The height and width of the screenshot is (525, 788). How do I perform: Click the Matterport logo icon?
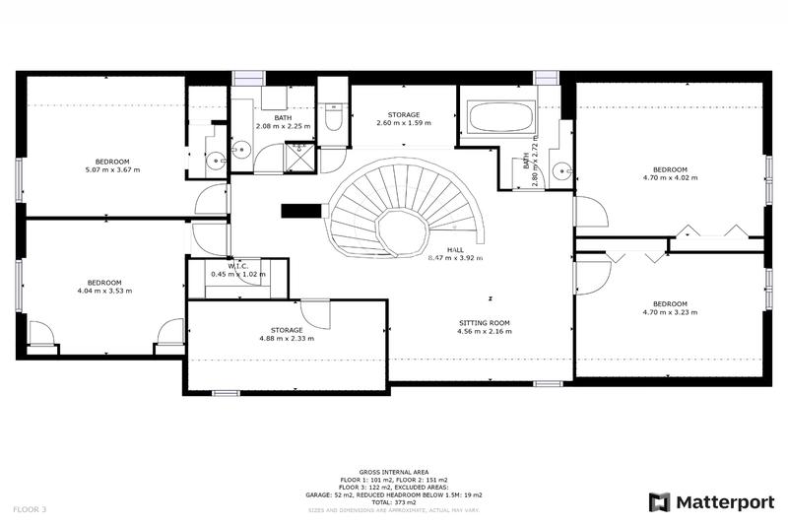(658, 502)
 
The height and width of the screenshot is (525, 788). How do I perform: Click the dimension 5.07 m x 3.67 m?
(111, 170)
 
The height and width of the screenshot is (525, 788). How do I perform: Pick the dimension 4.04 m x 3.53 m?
(103, 291)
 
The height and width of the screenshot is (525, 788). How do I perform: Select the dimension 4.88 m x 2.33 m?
(286, 339)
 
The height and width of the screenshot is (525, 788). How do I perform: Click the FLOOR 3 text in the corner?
(30, 509)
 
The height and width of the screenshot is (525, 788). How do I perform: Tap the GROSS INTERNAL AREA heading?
(394, 473)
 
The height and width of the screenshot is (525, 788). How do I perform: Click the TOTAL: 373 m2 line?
(394, 501)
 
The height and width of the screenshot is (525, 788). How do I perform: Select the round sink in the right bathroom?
(561, 169)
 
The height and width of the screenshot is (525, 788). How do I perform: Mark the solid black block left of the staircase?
(297, 210)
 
